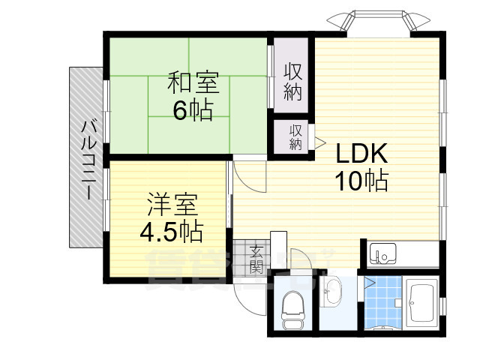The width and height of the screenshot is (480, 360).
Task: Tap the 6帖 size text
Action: click(x=193, y=110)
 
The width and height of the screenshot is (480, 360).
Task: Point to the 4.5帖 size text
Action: click(x=171, y=231)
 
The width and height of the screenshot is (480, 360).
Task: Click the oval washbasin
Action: click(x=331, y=291)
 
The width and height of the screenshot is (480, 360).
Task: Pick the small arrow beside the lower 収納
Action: click(x=319, y=140)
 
